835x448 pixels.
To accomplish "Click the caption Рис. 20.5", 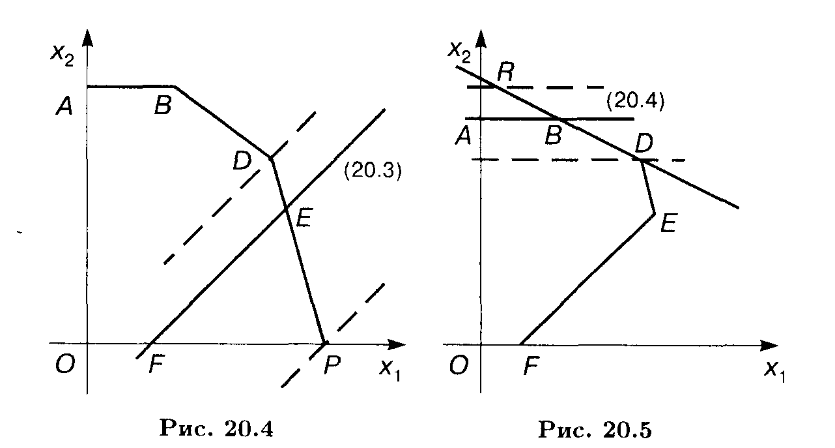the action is (595, 429).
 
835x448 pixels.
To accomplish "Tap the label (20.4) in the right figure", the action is (634, 101).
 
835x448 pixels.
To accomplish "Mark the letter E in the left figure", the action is (303, 217).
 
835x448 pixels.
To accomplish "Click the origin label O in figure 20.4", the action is (64, 366).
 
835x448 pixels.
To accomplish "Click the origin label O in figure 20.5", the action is (459, 366).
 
